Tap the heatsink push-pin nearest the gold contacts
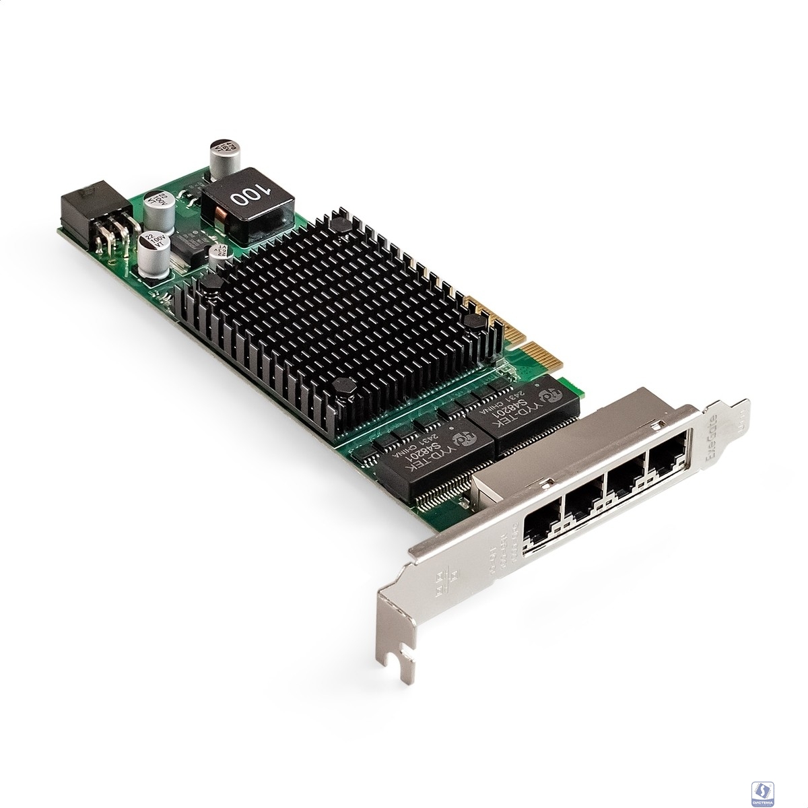474,324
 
